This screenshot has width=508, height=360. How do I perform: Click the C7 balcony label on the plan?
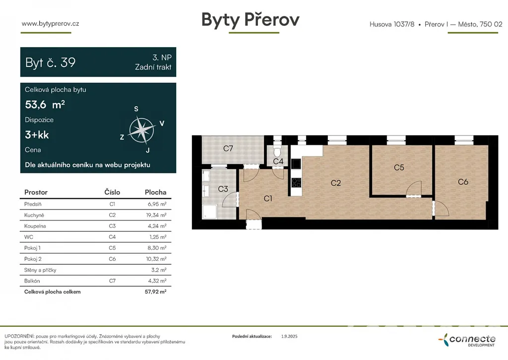(228, 148)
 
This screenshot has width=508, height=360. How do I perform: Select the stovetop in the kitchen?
(296, 183)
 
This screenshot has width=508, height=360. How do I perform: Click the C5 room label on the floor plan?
(399, 167)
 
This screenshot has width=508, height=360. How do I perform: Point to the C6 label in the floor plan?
(463, 182)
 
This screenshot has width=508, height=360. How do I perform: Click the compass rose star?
(141, 131)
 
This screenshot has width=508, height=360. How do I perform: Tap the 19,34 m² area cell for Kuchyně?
(156, 215)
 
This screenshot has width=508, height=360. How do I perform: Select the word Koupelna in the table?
(35, 226)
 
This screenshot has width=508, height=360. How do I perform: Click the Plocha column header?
(155, 192)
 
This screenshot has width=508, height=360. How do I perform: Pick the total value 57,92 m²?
(155, 291)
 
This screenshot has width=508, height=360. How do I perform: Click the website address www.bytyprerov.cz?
(50, 23)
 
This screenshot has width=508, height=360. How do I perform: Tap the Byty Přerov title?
(251, 19)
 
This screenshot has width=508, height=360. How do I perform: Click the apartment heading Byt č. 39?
(50, 62)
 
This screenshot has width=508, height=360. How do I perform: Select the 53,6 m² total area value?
(45, 104)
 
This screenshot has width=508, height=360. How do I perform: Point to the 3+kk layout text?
(37, 135)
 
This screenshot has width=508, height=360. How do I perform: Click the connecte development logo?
(467, 340)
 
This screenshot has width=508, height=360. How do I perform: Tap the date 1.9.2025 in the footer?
(289, 336)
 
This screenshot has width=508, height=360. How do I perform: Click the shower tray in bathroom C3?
(210, 212)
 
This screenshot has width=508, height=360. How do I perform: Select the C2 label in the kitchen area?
(336, 183)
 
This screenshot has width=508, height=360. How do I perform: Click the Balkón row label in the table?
(32, 281)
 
